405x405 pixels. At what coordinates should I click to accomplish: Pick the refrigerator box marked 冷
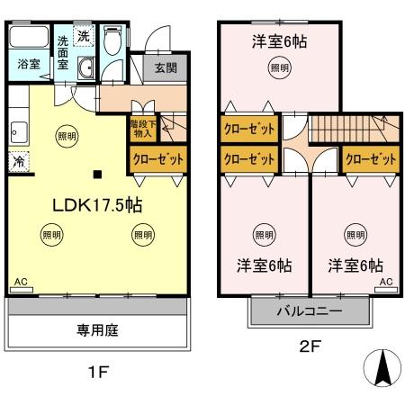click(18, 162)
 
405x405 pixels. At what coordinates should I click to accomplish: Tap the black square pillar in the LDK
click(98, 173)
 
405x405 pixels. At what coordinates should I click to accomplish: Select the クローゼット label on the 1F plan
click(158, 158)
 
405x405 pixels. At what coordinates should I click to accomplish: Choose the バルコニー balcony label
click(310, 315)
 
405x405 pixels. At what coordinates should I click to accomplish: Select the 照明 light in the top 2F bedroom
click(280, 67)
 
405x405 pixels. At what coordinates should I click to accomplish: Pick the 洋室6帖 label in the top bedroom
click(279, 40)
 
